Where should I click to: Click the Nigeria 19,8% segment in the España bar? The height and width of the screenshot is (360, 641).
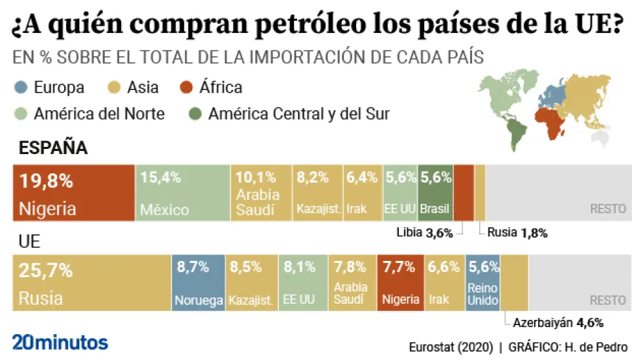[x=74, y=193]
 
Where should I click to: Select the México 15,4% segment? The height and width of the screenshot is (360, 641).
[x=183, y=193]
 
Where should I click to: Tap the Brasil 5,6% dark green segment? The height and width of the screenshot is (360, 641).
[x=435, y=193]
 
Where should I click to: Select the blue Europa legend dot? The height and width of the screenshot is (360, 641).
[x=20, y=87]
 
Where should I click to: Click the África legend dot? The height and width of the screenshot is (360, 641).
[x=187, y=87]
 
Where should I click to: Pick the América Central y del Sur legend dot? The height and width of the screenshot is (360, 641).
[x=195, y=114]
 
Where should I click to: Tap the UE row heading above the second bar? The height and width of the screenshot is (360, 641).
[x=30, y=242]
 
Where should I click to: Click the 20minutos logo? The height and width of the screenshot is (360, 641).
[x=60, y=342]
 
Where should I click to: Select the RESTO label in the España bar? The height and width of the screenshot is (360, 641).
[x=608, y=209]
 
